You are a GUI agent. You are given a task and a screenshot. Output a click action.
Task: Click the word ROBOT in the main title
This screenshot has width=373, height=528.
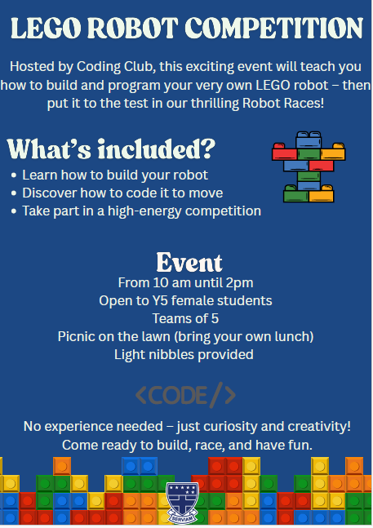(132, 29)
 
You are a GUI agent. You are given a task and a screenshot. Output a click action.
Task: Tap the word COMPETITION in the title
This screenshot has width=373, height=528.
(274, 29)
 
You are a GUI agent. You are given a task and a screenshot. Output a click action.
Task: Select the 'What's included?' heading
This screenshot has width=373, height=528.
(111, 149)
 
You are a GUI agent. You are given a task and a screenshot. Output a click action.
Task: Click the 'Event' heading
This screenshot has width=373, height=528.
(189, 262)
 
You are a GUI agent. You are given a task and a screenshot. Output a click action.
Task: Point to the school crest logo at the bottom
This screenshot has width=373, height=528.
(183, 503)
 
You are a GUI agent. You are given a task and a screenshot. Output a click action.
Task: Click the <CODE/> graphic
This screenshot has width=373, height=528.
(185, 395)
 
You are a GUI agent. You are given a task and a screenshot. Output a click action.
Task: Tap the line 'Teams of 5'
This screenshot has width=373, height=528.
(185, 318)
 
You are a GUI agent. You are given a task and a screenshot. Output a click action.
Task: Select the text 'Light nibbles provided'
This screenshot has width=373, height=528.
(184, 354)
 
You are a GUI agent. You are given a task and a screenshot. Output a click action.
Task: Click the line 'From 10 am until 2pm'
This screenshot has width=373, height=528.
(185, 283)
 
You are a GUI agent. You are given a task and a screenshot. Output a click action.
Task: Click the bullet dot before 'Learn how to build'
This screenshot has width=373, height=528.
(13, 175)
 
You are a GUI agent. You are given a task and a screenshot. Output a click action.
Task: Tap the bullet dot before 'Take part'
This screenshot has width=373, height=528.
(13, 211)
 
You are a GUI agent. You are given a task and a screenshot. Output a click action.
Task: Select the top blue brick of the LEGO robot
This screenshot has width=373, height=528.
(309, 140)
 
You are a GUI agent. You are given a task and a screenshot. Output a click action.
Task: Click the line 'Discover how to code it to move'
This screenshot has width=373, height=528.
(122, 193)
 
